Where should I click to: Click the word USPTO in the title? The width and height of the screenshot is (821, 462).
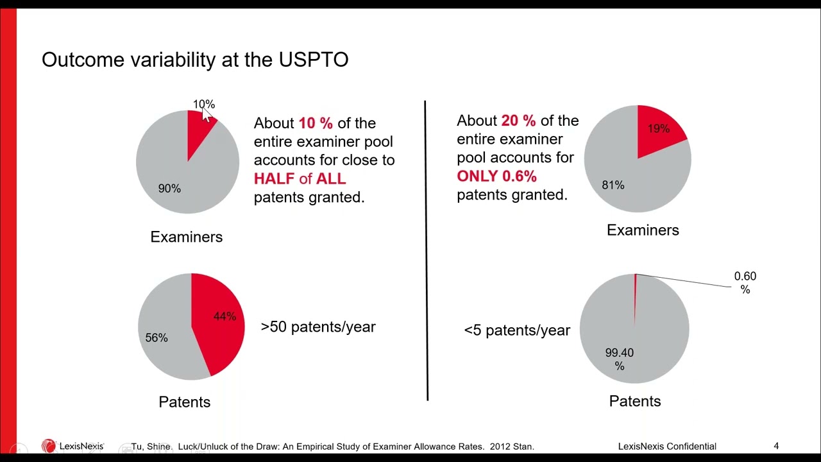point(313,60)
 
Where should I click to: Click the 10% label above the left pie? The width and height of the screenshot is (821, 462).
point(203,104)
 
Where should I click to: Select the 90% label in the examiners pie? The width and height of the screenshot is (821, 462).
point(169,189)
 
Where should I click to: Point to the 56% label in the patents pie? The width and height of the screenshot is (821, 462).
point(157,338)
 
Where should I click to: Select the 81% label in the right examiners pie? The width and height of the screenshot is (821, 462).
point(613,185)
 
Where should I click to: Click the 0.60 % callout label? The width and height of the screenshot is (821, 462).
point(745,282)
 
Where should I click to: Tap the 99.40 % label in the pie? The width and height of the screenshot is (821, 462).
point(619,359)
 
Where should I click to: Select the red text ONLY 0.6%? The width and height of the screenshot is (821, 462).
point(496,176)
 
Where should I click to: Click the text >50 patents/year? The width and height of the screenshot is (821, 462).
point(318,327)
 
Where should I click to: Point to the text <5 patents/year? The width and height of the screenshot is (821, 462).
point(517,330)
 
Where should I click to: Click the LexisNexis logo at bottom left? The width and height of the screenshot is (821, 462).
point(72,446)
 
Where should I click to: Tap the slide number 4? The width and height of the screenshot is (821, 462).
point(776,446)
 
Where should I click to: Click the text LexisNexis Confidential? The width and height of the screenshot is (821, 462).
point(667,446)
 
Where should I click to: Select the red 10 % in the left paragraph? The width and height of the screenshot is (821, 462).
point(316,123)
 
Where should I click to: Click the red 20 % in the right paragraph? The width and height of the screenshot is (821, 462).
point(518,121)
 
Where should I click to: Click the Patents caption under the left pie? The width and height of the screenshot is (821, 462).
point(184,402)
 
